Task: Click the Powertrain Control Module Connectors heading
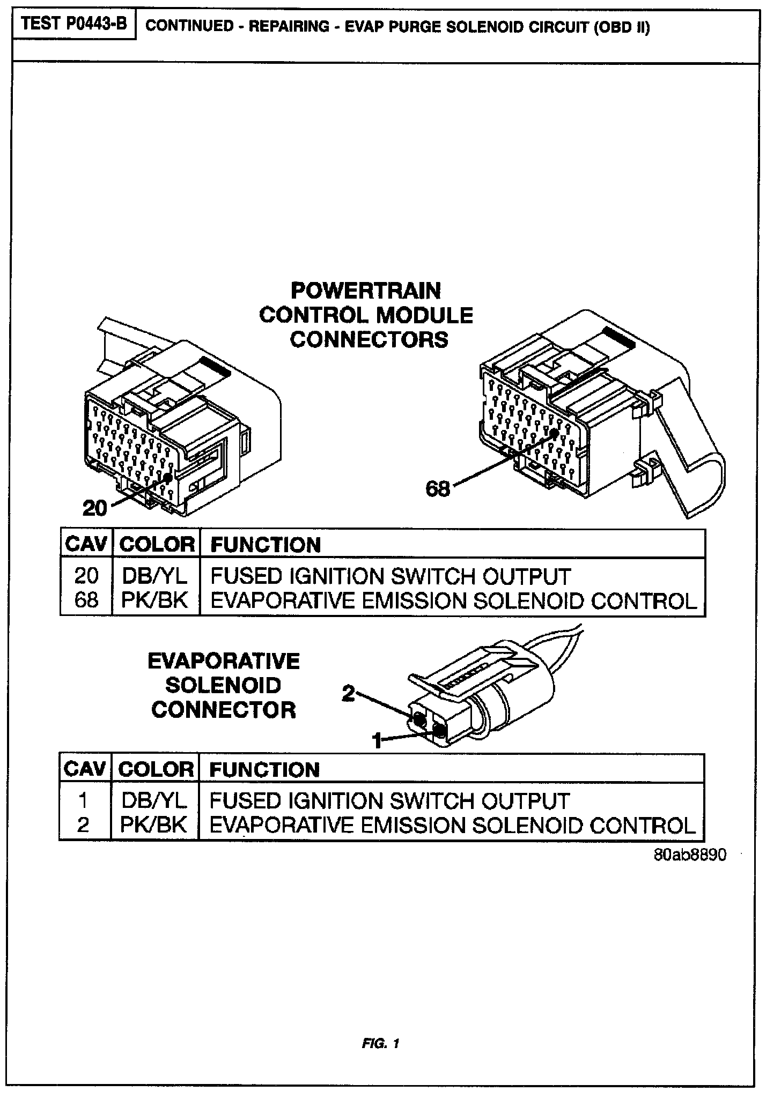[x=366, y=315]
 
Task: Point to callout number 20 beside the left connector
[x=95, y=508]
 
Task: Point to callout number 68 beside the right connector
[x=437, y=488]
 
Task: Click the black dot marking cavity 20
[x=168, y=477]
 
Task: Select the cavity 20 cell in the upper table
[x=86, y=576]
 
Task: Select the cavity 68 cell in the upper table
[x=86, y=600]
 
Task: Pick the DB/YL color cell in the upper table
[x=155, y=576]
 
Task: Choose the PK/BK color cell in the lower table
[x=154, y=825]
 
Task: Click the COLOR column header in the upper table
[x=156, y=545]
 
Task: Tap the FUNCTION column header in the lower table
[x=264, y=770]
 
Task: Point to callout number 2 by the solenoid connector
[x=349, y=694]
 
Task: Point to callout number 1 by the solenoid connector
[x=378, y=741]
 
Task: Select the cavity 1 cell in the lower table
[x=83, y=800]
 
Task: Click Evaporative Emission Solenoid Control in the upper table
[x=453, y=600]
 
